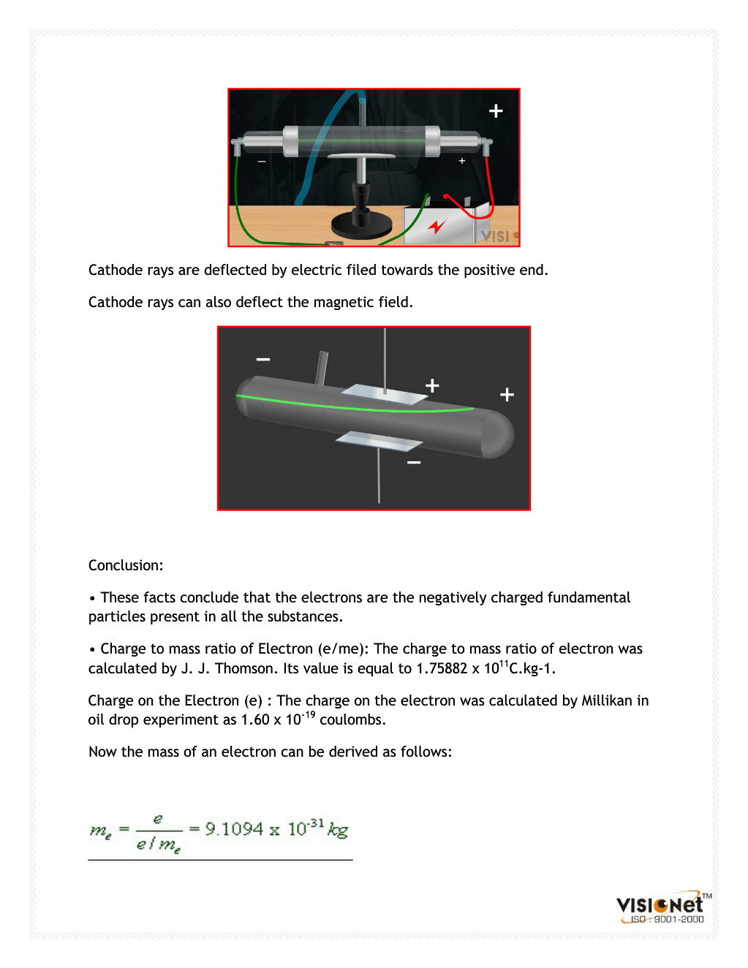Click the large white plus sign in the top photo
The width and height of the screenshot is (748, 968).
pos(496,110)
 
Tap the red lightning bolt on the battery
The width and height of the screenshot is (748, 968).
pos(437,226)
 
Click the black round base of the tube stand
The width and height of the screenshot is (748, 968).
pos(362,225)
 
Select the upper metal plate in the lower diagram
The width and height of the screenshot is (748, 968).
pos(383,395)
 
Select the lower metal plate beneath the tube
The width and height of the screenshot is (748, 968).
pos(379,441)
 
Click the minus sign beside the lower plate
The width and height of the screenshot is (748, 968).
pos(414,463)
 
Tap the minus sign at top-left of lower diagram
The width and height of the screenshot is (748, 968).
pos(263,359)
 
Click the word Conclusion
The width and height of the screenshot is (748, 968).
pos(125,565)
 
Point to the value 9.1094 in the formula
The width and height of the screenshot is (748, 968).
pos(234,829)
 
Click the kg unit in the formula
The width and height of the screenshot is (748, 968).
pos(338,830)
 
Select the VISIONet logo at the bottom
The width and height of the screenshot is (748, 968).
pos(660,905)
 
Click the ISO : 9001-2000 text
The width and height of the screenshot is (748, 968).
pos(667,920)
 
